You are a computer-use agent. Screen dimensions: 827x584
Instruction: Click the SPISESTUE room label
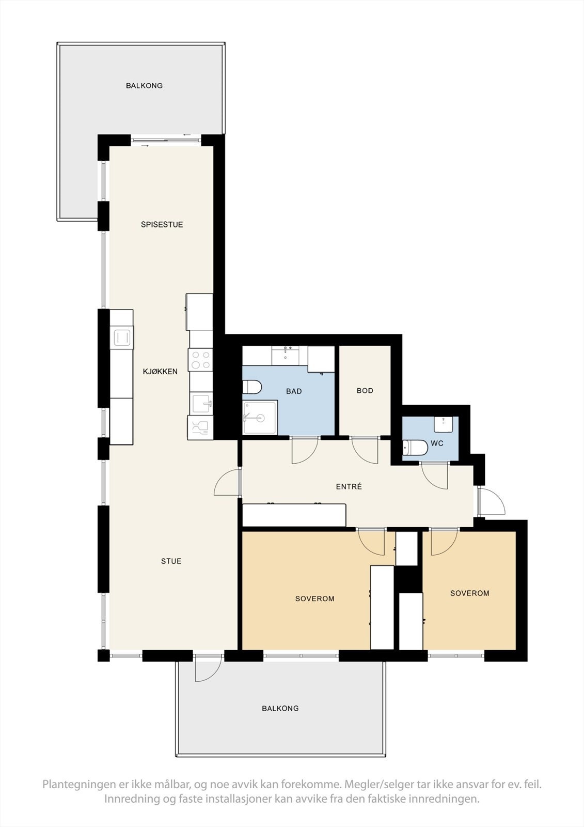162,224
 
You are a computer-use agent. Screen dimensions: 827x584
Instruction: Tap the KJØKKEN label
160,371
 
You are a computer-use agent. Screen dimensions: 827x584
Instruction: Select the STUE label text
171,561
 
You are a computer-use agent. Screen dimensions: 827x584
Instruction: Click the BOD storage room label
365,390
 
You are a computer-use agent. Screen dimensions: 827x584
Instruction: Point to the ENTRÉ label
349,486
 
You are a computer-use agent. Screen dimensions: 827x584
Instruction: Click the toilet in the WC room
415,447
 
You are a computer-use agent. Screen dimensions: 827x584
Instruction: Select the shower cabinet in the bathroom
260,418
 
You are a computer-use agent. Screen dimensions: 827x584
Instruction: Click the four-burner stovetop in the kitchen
201,359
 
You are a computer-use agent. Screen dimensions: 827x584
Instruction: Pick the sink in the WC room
444,423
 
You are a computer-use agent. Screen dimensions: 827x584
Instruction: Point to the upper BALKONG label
144,85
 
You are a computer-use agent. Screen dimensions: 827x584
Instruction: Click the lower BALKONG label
280,708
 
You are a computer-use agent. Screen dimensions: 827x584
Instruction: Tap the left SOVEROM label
314,599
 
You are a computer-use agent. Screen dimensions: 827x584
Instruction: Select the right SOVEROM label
469,593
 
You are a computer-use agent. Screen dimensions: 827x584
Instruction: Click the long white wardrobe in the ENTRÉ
294,515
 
